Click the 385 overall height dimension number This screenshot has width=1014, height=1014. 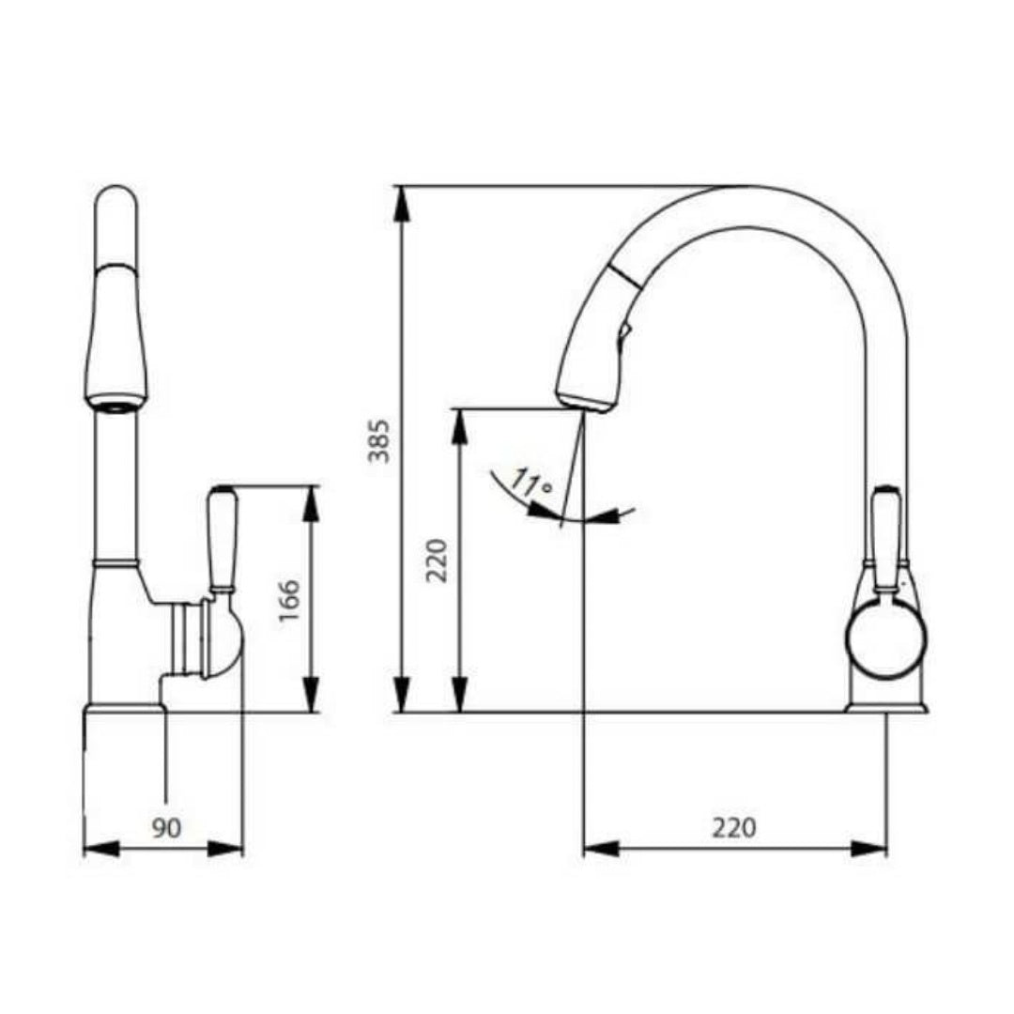(x=378, y=440)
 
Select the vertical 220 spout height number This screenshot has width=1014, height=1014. (x=438, y=561)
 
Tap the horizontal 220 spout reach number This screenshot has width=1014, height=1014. (x=733, y=827)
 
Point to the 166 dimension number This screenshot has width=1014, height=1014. (x=289, y=601)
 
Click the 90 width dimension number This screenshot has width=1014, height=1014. (x=166, y=827)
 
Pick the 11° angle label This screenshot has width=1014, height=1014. (x=531, y=485)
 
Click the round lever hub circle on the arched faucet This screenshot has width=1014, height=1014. (x=885, y=640)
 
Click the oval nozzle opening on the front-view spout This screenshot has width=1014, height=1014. (x=115, y=406)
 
